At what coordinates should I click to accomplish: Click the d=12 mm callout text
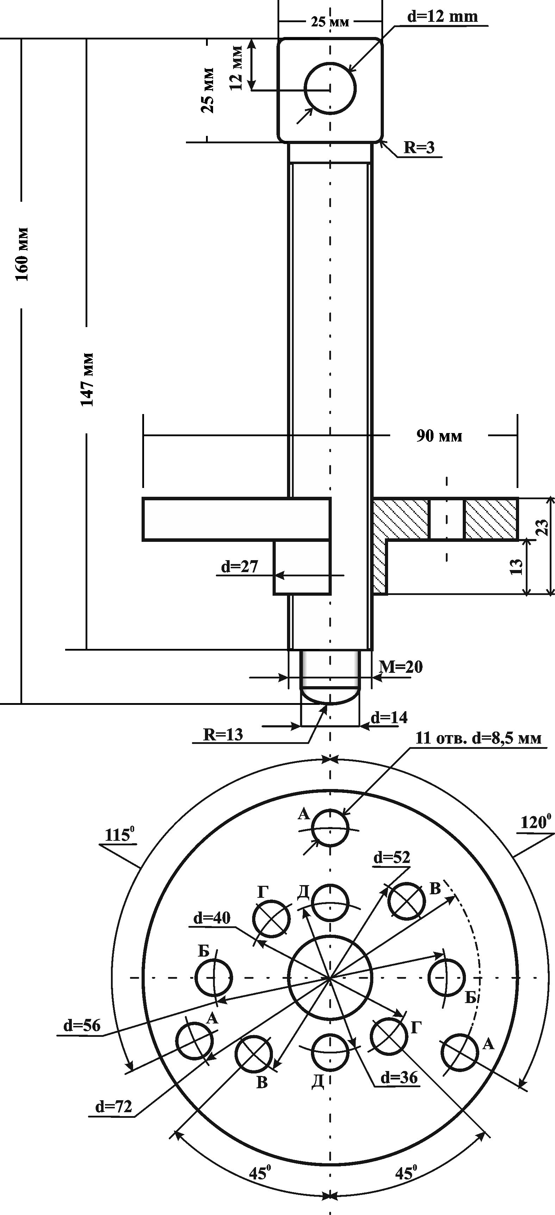[442, 17]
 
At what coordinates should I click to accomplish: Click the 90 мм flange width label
[439, 436]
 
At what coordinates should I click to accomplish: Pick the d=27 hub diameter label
[240, 566]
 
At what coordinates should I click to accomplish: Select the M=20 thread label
[401, 667]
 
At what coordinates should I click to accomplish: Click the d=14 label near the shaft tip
[389, 718]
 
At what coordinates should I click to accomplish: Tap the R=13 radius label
[223, 734]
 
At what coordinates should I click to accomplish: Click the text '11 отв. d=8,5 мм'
[479, 738]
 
